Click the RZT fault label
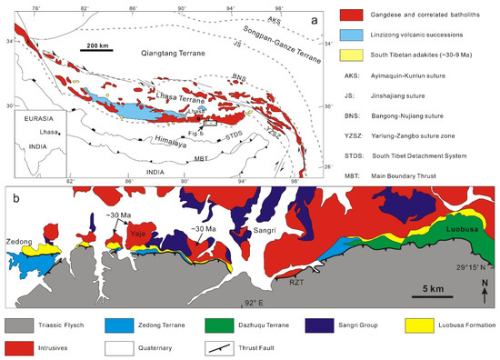[295, 283]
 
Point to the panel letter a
[314, 18]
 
